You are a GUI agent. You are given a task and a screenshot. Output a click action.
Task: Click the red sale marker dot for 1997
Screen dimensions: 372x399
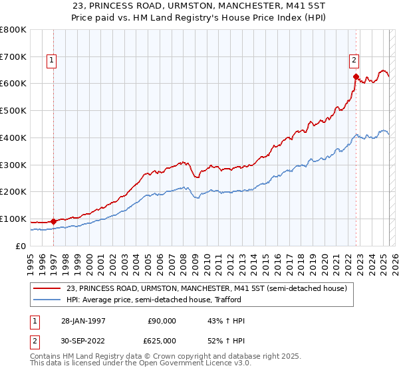coord(54,221)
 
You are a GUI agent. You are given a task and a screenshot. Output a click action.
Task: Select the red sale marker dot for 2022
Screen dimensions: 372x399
coord(356,76)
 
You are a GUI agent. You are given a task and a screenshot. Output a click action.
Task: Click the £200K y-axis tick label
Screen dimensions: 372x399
coord(13,192)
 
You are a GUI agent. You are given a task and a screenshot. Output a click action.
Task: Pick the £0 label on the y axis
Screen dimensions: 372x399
coord(21,246)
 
